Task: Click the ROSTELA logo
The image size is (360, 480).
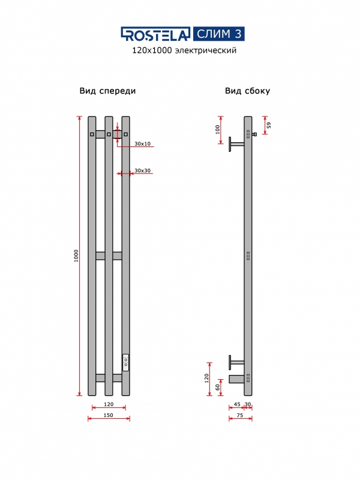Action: [x=156, y=34]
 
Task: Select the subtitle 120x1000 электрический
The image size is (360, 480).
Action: [x=184, y=51]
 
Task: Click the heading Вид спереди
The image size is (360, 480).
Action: [x=107, y=91]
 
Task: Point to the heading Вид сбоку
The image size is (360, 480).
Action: [x=247, y=91]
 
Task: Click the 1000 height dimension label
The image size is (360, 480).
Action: [x=76, y=256]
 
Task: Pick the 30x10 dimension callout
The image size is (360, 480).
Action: [x=143, y=144]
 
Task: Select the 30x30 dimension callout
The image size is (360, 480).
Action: [x=143, y=171]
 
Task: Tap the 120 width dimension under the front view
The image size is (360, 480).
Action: [x=109, y=404]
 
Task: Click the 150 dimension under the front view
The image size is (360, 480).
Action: [x=109, y=415]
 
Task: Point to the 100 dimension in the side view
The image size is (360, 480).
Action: [x=217, y=130]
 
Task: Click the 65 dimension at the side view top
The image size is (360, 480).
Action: [x=269, y=125]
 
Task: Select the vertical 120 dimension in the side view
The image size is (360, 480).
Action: [x=206, y=378]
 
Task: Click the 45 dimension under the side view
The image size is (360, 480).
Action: [x=237, y=404]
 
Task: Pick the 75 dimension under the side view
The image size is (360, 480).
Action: [x=240, y=415]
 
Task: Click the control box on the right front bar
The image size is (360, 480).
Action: [x=126, y=361]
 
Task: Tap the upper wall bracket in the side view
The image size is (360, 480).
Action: [x=235, y=144]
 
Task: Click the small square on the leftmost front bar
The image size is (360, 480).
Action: [x=92, y=134]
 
